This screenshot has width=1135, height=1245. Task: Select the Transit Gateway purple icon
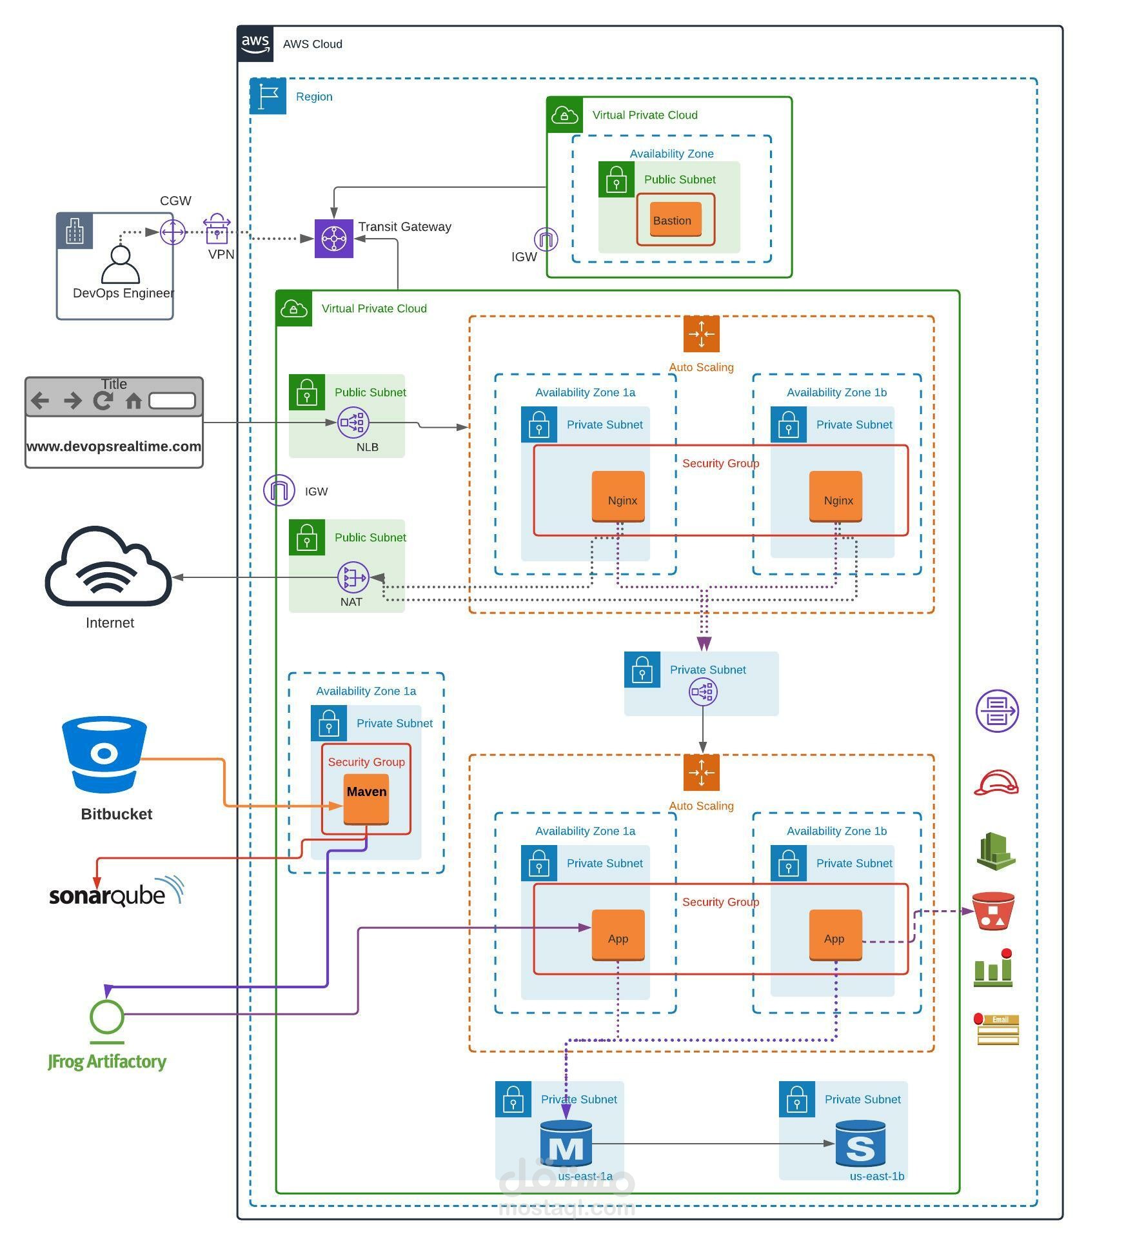(x=333, y=239)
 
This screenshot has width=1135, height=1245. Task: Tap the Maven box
(x=366, y=799)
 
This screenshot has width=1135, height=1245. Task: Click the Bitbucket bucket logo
(x=104, y=755)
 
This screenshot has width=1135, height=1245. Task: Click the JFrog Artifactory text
(x=107, y=1062)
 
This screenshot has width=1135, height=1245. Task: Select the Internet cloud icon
(x=108, y=567)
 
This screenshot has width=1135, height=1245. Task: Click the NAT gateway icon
(x=353, y=577)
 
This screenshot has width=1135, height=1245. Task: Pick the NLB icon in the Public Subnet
(x=353, y=423)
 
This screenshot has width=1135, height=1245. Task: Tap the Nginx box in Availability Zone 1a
(x=618, y=496)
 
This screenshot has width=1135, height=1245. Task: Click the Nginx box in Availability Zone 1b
(x=835, y=496)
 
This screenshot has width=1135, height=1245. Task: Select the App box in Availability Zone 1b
(x=835, y=935)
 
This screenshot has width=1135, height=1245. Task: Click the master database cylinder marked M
(x=566, y=1144)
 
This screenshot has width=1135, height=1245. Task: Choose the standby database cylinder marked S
(x=860, y=1144)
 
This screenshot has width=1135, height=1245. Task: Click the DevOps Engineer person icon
(x=121, y=264)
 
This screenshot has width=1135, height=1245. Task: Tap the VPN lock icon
(x=217, y=230)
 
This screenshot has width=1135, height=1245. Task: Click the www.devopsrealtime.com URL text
(x=113, y=446)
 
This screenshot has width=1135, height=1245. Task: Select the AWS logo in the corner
(x=255, y=44)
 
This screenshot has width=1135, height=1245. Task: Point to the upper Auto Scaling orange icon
(x=702, y=334)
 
